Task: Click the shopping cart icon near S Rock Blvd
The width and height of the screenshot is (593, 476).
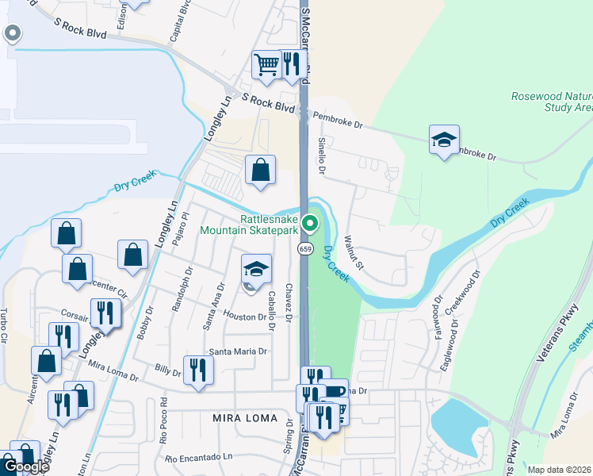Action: point(267,64)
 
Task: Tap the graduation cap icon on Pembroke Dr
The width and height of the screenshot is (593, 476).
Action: point(444,140)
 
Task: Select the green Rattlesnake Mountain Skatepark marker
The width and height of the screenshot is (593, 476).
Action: point(312,225)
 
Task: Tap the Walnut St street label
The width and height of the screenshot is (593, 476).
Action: point(353,252)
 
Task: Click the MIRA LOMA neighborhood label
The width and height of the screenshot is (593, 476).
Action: point(245,418)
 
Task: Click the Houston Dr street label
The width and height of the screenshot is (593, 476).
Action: point(250,317)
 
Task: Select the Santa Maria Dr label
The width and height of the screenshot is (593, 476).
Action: point(239,351)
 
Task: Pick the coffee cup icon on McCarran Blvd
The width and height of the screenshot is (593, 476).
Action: point(335,392)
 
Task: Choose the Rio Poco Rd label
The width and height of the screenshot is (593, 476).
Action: point(164,419)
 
